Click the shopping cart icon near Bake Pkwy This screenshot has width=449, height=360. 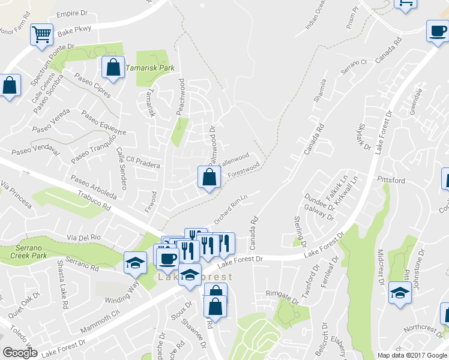click(x=41, y=35)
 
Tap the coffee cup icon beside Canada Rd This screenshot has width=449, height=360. click(x=437, y=31)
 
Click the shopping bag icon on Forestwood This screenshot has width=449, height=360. click(x=208, y=177)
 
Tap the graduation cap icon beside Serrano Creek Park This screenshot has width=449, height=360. click(x=135, y=262)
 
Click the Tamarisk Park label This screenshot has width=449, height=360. click(x=150, y=68)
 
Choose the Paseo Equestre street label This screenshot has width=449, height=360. click(x=104, y=123)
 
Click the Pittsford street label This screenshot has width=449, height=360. click(x=391, y=180)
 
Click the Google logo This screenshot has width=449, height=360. click(x=20, y=353)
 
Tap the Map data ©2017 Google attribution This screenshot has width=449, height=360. click(x=412, y=355)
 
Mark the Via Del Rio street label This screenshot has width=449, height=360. click(x=85, y=238)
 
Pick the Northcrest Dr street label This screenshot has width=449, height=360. click(x=423, y=329)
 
